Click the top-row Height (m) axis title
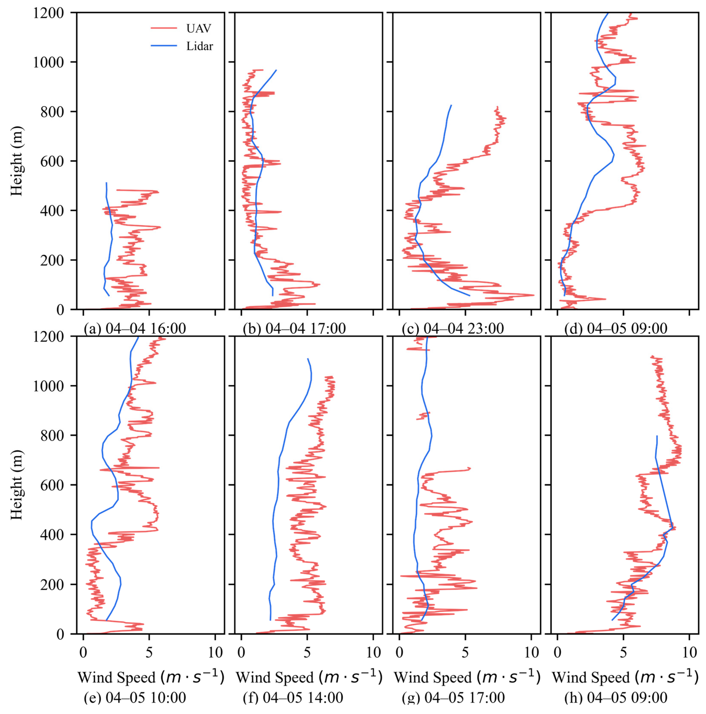[17, 161]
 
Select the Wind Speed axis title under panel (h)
[625, 677]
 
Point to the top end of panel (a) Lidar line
[106, 183]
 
